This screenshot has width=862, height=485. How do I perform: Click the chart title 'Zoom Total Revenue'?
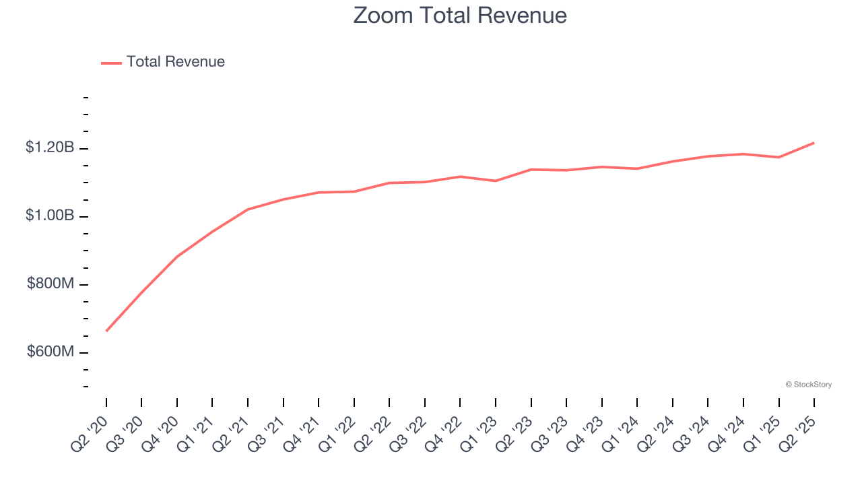(x=460, y=15)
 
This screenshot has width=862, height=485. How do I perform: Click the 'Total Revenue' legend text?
(x=175, y=62)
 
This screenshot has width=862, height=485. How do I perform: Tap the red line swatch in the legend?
(x=111, y=63)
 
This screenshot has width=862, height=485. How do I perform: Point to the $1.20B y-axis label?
(x=50, y=148)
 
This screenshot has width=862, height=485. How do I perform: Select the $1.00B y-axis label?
(x=50, y=216)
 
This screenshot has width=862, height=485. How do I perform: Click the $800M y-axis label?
(x=51, y=284)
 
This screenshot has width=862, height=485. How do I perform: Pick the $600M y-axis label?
(x=51, y=352)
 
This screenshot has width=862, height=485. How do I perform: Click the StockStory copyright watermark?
(x=808, y=385)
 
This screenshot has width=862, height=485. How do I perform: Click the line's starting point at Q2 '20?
(x=106, y=331)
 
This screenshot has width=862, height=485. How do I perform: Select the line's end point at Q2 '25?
(x=814, y=143)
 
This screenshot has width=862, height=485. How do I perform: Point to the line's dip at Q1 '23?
(x=496, y=181)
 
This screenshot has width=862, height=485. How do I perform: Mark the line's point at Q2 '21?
(x=248, y=209)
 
